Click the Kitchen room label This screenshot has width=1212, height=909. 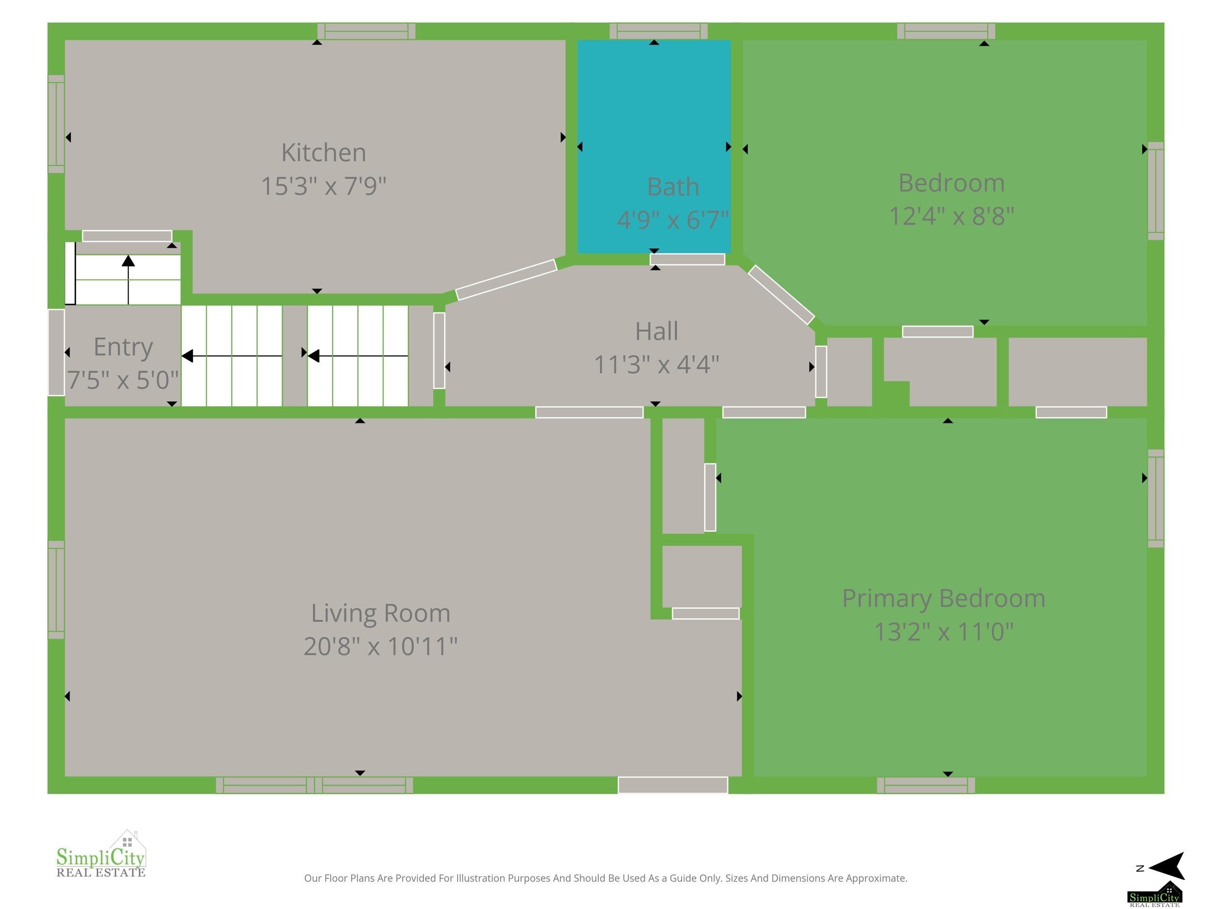[323, 152]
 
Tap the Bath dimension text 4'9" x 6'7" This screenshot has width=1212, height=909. [673, 220]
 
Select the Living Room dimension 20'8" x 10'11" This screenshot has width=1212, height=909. [380, 646]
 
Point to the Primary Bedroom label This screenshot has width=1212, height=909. [943, 598]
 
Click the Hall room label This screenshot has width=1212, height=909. [656, 331]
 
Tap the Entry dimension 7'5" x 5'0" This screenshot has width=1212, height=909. [123, 380]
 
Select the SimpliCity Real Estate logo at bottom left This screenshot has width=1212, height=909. [101, 854]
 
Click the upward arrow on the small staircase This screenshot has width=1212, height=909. [128, 279]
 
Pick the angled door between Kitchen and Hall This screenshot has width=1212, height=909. [506, 279]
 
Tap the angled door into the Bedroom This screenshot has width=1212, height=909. [781, 295]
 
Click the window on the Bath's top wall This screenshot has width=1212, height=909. [658, 31]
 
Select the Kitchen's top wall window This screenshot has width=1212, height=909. [366, 31]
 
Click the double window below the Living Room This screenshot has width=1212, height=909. [315, 785]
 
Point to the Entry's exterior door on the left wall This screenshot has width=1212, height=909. [56, 352]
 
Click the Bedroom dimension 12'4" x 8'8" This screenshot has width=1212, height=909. [951, 216]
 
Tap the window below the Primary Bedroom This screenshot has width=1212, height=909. [926, 785]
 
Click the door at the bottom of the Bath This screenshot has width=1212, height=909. [687, 259]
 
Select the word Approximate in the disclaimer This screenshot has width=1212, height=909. [876, 879]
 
